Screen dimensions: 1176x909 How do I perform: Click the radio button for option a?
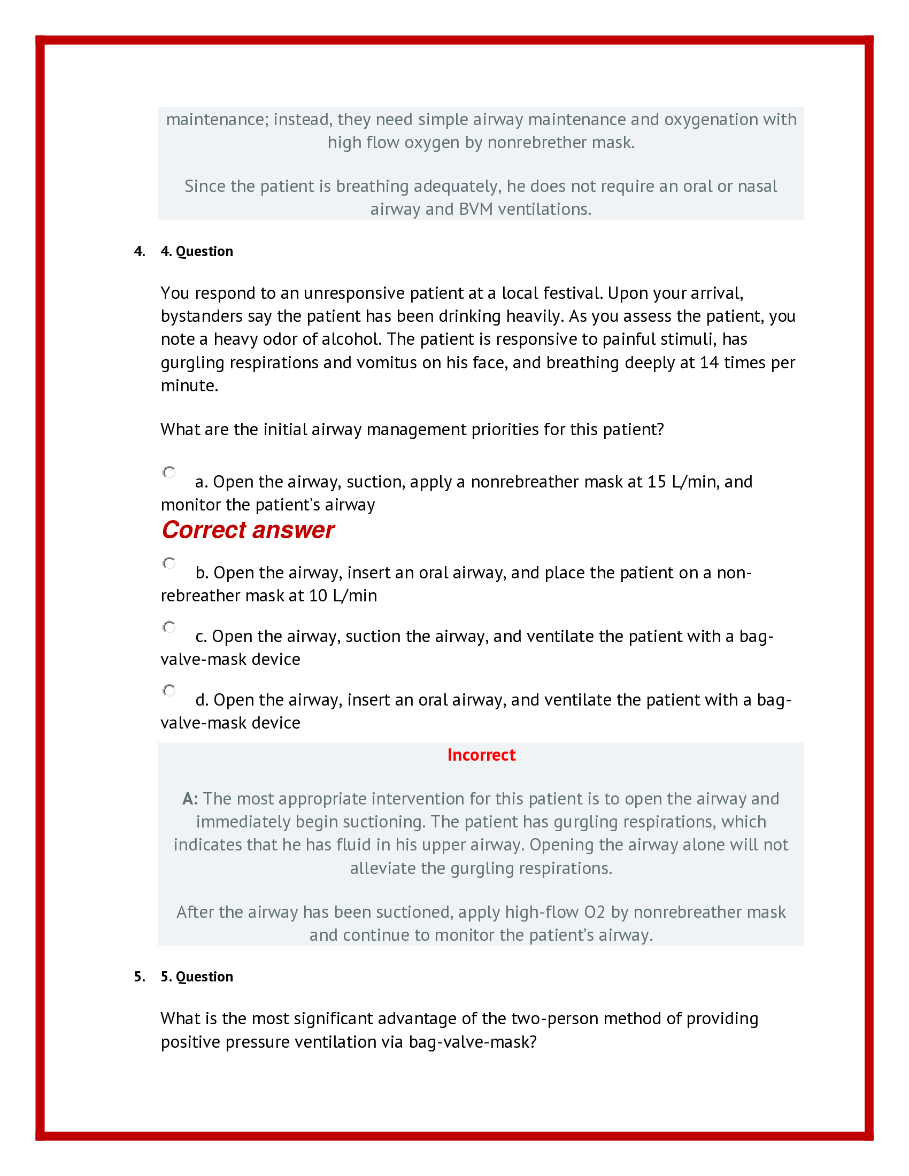pyautogui.click(x=169, y=472)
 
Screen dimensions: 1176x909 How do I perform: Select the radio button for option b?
pyautogui.click(x=169, y=563)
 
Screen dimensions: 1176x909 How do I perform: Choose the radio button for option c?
pyautogui.click(x=169, y=627)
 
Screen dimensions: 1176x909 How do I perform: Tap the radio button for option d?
pyautogui.click(x=169, y=690)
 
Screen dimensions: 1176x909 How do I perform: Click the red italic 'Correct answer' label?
pyautogui.click(x=248, y=530)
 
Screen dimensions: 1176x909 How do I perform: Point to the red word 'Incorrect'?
pyautogui.click(x=481, y=755)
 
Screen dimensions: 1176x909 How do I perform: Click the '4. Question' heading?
pyautogui.click(x=197, y=251)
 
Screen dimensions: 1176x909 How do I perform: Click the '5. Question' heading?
pyautogui.click(x=197, y=977)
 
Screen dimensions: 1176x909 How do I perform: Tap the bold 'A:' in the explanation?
pyautogui.click(x=190, y=799)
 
